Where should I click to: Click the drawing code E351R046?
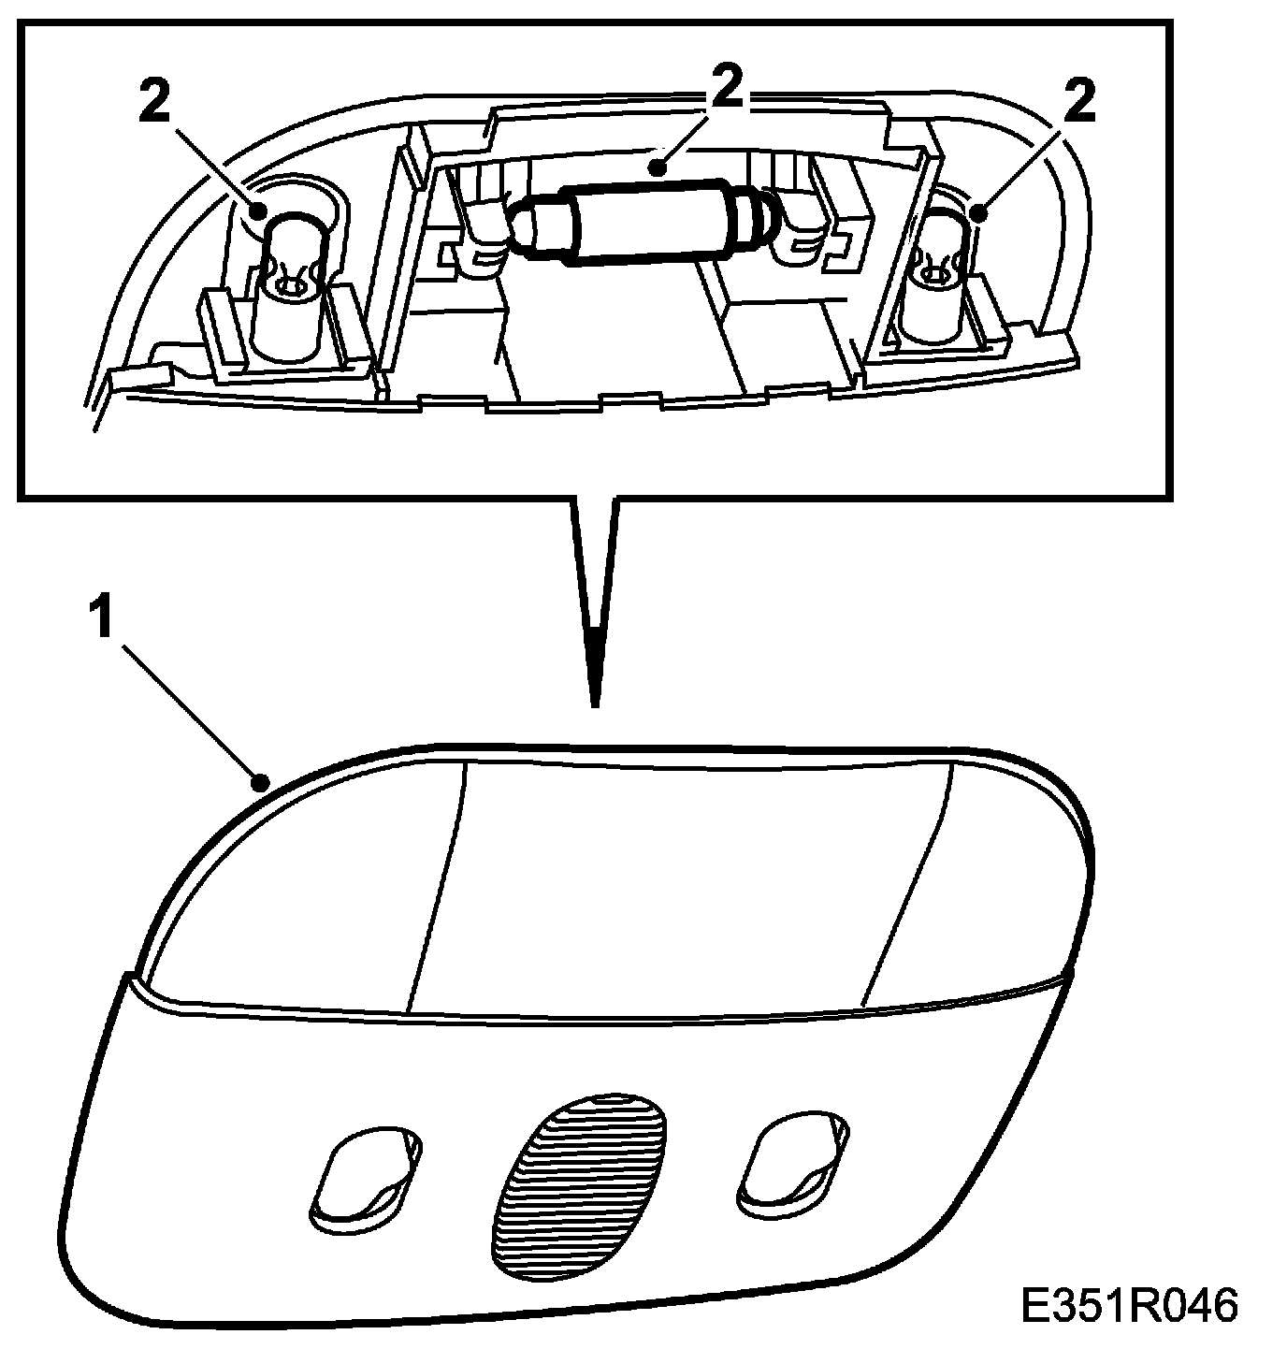(x=1128, y=1305)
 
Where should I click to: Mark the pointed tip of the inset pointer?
(x=593, y=702)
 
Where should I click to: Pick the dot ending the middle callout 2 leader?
(x=659, y=169)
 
